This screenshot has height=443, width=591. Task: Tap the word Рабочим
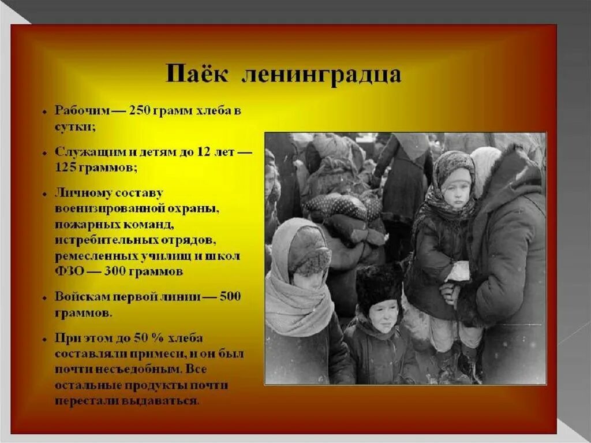click(x=80, y=111)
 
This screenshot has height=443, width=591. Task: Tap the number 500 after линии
click(x=230, y=297)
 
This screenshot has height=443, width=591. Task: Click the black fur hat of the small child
click(x=379, y=283)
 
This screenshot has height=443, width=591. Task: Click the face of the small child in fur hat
click(x=382, y=315)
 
